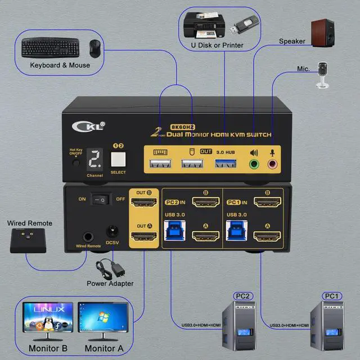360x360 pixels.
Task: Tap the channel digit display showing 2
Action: [95, 162]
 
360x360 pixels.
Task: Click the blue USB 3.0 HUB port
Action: [223, 164]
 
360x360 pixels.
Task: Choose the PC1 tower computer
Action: [330, 322]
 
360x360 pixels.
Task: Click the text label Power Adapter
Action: [110, 283]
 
